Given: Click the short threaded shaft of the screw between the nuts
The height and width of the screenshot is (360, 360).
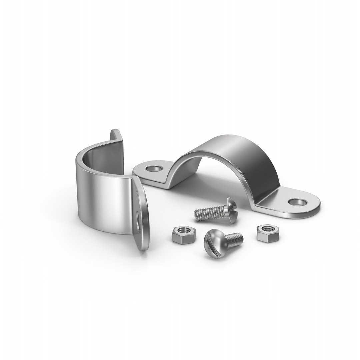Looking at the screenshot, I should point(235,238).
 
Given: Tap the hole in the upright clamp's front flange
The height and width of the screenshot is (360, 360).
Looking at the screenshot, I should point(137,221).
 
